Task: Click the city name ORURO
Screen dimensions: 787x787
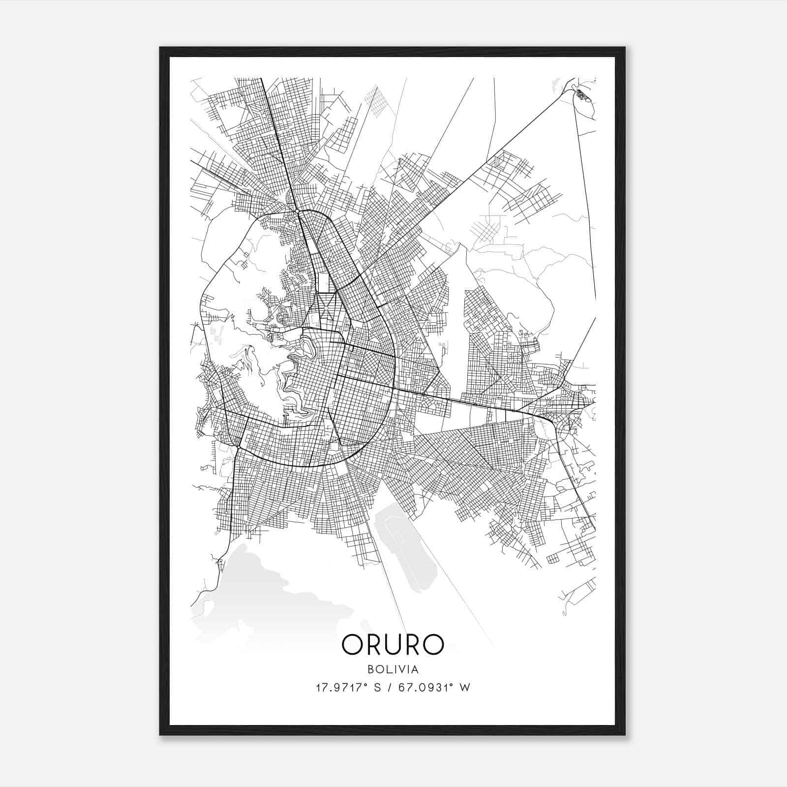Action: [x=393, y=644]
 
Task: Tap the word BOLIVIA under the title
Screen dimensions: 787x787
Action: [x=393, y=669]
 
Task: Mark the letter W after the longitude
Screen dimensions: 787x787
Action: [x=464, y=687]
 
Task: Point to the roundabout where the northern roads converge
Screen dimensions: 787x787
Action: [x=297, y=212]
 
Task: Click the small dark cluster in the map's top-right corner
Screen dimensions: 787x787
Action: [x=582, y=94]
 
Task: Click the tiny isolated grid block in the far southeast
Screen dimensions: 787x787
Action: [x=553, y=559]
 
